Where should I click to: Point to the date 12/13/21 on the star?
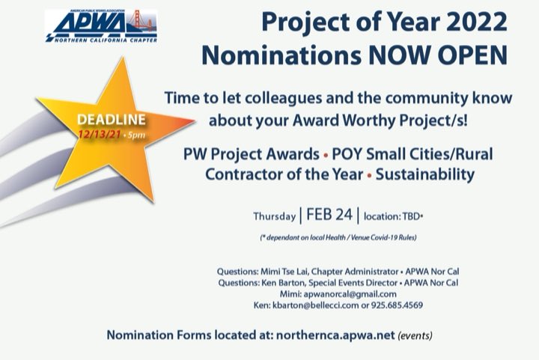click(x=103, y=133)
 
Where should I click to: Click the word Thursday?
click(x=274, y=217)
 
